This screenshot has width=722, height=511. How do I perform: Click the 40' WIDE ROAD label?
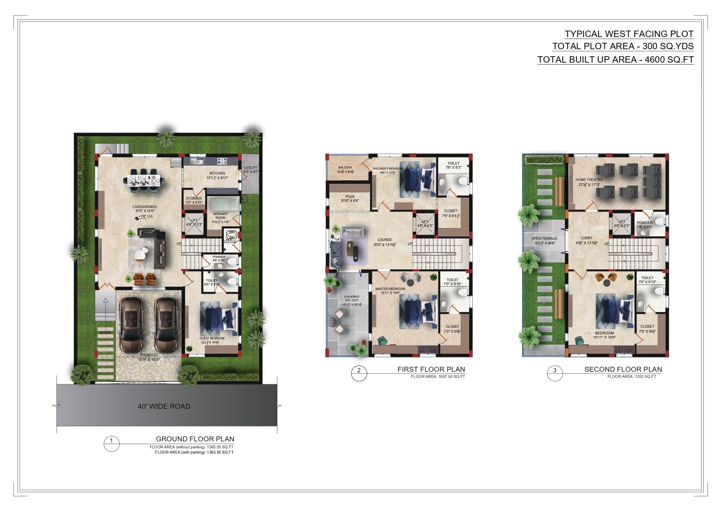164,406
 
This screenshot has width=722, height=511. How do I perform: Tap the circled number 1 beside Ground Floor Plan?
111,441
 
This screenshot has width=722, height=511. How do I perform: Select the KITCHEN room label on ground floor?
217,173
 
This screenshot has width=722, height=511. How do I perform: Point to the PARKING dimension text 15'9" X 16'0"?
149,360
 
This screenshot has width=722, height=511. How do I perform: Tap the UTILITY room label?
251,168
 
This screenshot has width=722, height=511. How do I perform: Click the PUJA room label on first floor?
350,196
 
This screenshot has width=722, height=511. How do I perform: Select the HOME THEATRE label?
589,180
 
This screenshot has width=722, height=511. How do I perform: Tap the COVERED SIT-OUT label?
352,299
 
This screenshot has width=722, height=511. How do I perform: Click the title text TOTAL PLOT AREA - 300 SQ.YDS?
623,46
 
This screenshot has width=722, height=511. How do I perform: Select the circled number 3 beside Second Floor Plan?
555,370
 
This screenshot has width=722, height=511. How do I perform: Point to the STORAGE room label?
194,198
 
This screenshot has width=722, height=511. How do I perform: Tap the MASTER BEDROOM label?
390,289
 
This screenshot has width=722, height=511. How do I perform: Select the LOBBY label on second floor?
586,238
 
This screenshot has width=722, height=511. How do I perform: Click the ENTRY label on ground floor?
105,333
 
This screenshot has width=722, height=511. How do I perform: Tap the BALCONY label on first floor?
345,168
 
